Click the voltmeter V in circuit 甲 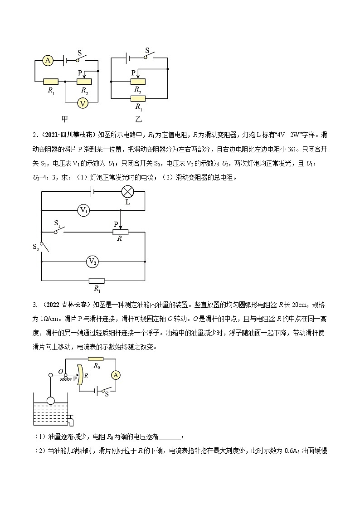tap(82, 103)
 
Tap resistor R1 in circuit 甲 tap(51, 82)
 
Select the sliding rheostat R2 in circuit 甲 tap(84, 82)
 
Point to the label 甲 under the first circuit tap(65, 119)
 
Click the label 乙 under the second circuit tap(138, 119)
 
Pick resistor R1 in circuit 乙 tap(138, 99)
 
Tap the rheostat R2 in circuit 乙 tap(138, 82)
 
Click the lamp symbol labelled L tap(127, 192)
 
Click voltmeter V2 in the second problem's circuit tap(92, 262)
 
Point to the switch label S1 tap(58, 223)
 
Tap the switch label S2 tap(36, 247)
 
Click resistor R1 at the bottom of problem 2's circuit tap(97, 281)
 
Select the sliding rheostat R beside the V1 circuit tap(120, 232)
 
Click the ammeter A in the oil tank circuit tap(116, 375)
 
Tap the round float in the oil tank tap(50, 400)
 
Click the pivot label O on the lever tap(60, 372)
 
